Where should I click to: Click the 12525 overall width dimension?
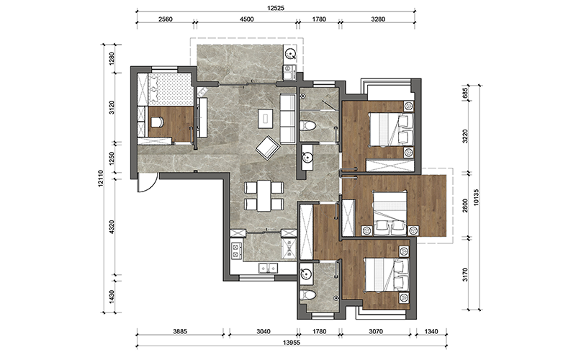pos(276,8)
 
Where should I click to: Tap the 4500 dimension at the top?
pos(246,19)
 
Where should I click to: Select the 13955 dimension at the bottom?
pos(292,343)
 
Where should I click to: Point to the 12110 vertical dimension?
pos(101,178)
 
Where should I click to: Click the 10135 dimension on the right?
pos(476,197)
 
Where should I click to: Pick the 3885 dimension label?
pos(180,331)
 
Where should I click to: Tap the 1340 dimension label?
pos(431,331)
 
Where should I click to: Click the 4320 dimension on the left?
pos(112,227)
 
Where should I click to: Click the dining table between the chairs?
pos(264,195)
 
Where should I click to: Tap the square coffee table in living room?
pos(265,118)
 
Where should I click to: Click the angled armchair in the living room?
pos(268,148)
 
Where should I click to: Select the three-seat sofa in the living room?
pos(288,119)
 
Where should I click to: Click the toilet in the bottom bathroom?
pos(308,294)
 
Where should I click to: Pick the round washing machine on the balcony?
pos(291,55)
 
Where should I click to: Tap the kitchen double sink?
pos(268,268)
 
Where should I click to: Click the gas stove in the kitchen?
pos(236,251)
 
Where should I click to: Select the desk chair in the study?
pos(156,122)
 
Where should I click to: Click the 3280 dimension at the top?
pos(378,19)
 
